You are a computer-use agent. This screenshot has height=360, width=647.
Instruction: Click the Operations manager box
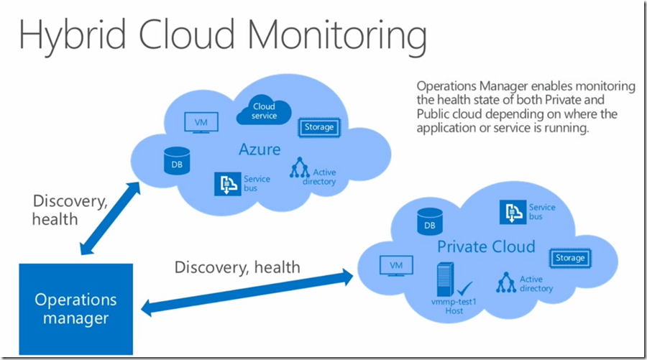coord(76,309)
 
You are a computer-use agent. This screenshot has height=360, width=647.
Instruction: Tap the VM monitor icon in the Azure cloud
coord(201,122)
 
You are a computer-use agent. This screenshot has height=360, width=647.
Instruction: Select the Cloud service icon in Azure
coord(264,111)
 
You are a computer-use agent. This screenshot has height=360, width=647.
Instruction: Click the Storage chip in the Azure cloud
coord(319,127)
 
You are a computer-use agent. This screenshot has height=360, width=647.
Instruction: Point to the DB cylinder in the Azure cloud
coord(177,161)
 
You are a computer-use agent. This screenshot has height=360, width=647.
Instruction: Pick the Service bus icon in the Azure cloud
coord(227,184)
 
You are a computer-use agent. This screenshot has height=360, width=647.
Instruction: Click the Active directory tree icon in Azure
coord(300,167)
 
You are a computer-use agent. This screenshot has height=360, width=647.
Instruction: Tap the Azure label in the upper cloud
coord(260,149)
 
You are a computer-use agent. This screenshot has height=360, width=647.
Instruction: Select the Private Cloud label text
coord(486,246)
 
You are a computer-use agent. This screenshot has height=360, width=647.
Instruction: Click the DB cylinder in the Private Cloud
coord(430,222)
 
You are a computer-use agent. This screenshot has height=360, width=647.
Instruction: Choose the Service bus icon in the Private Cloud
coord(513,213)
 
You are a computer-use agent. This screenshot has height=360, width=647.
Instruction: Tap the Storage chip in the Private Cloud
coord(570,258)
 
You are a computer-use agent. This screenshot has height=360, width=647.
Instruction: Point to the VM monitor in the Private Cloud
coord(396,266)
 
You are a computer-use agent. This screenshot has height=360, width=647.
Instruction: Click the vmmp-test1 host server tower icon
coord(446,280)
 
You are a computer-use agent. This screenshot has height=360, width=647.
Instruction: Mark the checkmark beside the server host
coord(465,287)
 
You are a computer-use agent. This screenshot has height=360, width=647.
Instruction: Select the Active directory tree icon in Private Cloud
coord(506,282)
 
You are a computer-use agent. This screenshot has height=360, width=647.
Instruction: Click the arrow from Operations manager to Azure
coord(110,218)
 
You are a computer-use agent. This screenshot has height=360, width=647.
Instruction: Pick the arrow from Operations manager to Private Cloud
coord(247,292)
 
